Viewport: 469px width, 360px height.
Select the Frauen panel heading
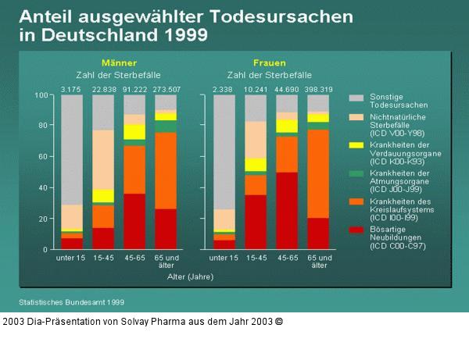pyautogui.click(x=269, y=62)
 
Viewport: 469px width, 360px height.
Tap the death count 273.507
pyautogui.click(x=165, y=88)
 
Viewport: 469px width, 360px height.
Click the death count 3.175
pyautogui.click(x=72, y=88)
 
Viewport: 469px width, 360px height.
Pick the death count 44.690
pyautogui.click(x=287, y=88)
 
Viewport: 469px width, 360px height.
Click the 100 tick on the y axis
pyautogui.click(x=43, y=95)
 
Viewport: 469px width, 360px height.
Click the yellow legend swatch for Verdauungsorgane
pyautogui.click(x=355, y=144)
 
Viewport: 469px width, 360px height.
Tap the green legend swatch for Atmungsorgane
pyautogui.click(x=355, y=173)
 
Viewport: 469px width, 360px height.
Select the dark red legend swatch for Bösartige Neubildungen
pyautogui.click(x=355, y=230)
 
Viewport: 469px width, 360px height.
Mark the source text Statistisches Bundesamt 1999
pyautogui.click(x=71, y=301)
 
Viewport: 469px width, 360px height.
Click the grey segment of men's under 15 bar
pyautogui.click(x=73, y=148)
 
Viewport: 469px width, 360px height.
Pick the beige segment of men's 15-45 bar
pyautogui.click(x=103, y=159)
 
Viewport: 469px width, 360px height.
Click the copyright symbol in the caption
pyautogui.click(x=279, y=321)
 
